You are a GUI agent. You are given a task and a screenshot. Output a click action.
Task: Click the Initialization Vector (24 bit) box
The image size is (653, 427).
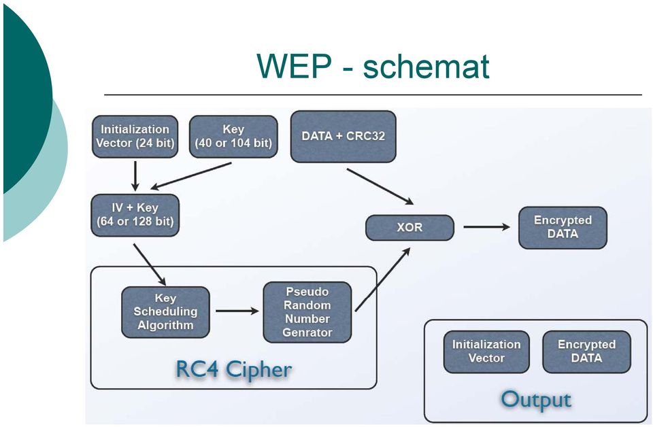[x=135, y=137]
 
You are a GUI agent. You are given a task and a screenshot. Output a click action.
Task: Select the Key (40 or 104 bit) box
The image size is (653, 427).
[x=233, y=137]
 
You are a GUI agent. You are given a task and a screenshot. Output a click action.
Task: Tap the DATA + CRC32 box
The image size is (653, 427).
[x=343, y=137]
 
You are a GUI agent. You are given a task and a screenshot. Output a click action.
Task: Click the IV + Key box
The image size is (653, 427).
[x=135, y=215]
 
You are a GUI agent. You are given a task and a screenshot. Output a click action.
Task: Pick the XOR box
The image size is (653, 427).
[x=409, y=228]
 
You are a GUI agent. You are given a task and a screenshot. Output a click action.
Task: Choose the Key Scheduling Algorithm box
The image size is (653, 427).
[x=165, y=312]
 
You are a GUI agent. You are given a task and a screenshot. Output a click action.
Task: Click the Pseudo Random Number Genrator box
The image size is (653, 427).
[x=307, y=312]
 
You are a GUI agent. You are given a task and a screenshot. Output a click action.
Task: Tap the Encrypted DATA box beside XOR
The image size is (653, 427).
[x=563, y=228]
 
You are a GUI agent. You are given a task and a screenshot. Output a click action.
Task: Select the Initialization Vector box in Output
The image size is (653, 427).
[x=486, y=352]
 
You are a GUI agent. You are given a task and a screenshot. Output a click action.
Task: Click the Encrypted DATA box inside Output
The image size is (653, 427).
[x=587, y=352]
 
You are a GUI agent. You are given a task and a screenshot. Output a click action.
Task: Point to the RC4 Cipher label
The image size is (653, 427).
[x=233, y=369]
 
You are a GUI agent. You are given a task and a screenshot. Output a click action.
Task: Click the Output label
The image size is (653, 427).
[x=536, y=400]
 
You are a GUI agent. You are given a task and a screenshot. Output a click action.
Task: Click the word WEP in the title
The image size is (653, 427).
[x=295, y=66]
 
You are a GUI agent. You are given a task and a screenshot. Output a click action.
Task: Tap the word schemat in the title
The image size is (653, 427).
[x=426, y=67]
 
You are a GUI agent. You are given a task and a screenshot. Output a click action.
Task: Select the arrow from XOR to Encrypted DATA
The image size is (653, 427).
[x=487, y=227]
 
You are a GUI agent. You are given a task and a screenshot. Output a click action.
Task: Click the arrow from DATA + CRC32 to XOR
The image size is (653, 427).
[x=380, y=186]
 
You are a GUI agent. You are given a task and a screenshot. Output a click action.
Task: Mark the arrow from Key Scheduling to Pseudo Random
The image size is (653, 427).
[x=237, y=311]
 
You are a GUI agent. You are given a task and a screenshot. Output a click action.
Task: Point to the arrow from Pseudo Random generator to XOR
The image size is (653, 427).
[x=383, y=279]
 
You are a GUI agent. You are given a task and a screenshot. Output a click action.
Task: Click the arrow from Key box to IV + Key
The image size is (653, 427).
[x=190, y=175]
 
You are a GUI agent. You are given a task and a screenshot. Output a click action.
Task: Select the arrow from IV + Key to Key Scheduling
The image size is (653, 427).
[x=150, y=264]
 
